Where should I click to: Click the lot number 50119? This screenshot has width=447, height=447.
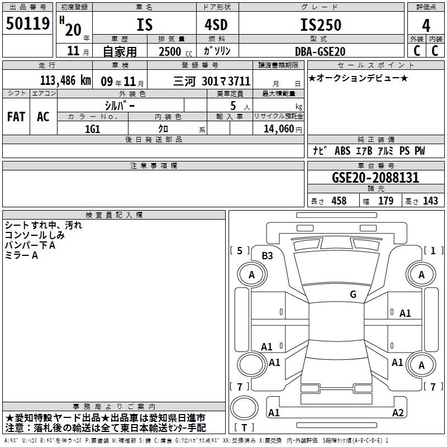coord(27,23)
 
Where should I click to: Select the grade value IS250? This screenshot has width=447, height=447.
coord(321,25)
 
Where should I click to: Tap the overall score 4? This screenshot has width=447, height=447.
coord(426,26)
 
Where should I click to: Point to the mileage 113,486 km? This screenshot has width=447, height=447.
coord(65,80)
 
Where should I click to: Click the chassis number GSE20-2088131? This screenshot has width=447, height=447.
coord(375,178)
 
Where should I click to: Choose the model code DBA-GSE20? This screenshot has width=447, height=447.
coord(320,51)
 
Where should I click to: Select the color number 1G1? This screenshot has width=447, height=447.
coord(93,129)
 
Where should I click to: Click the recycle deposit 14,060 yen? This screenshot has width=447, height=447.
coord(283,129)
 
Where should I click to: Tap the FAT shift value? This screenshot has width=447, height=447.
coord(16,117)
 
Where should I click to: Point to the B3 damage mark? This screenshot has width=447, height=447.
coord(267,256)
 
